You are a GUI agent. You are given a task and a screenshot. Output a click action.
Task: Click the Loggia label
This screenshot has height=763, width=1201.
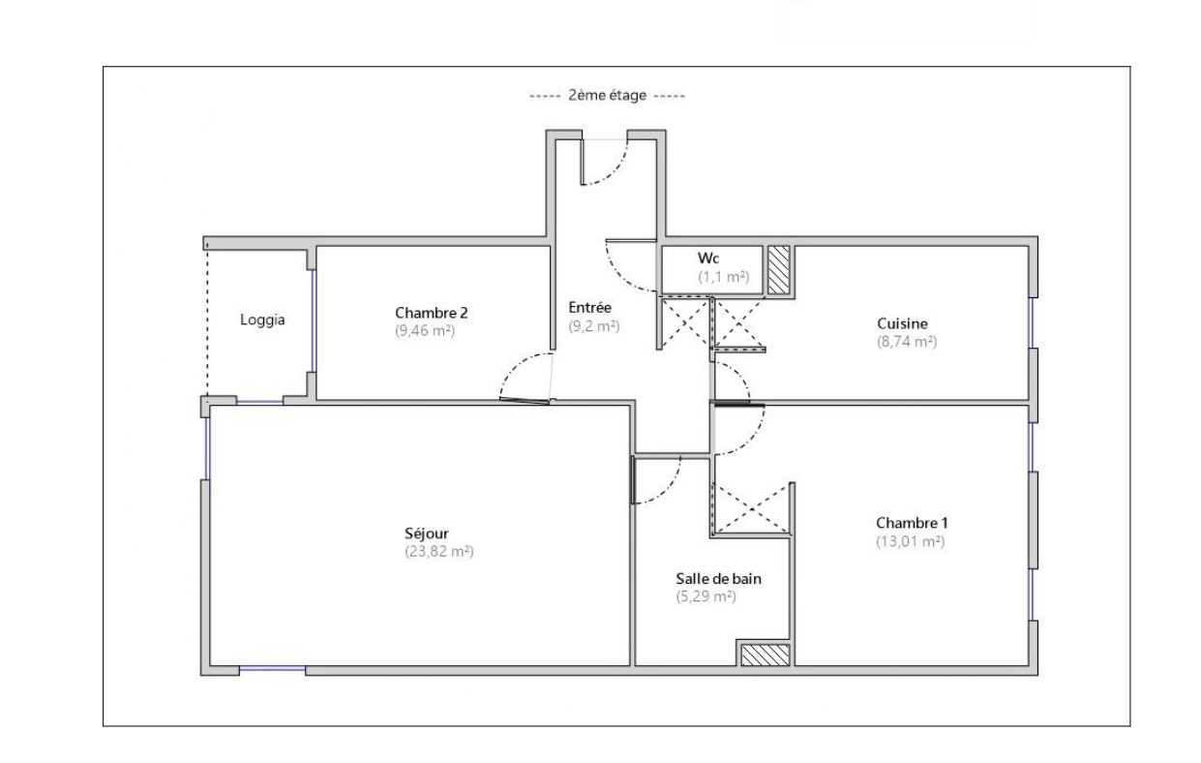click(262, 320)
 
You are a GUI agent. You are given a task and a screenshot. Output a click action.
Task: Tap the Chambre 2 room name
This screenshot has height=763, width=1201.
click(431, 313)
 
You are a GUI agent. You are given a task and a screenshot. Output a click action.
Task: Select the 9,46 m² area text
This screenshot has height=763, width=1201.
click(425, 330)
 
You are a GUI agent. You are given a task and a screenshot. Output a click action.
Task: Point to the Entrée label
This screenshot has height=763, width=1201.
click(589, 308)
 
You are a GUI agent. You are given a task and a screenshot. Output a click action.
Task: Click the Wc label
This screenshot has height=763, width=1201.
click(708, 259)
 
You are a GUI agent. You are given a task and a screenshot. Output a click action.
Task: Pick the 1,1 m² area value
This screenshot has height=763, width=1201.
click(723, 277)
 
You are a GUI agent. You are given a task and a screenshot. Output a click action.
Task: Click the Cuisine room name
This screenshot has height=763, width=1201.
click(902, 323)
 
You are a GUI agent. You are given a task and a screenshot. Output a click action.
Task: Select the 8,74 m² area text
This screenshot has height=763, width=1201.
click(907, 341)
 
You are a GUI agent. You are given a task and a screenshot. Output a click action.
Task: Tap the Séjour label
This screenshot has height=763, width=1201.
click(427, 534)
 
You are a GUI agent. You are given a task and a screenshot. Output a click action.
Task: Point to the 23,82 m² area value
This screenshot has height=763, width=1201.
click(439, 551)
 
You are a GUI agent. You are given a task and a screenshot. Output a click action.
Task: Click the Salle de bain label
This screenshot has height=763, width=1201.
click(718, 578)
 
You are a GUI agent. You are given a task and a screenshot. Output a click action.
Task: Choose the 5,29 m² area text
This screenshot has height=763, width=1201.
click(706, 596)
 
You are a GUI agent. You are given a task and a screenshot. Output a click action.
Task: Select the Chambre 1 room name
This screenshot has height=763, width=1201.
click(912, 523)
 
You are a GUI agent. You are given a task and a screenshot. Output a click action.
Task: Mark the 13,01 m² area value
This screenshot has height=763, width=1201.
click(911, 541)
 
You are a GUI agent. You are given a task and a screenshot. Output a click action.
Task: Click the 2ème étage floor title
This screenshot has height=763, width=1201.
click(608, 96)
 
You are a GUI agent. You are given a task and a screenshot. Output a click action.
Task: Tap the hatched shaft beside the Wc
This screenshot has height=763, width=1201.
click(778, 270)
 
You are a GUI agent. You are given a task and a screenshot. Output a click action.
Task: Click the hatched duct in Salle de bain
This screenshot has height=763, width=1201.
click(766, 655)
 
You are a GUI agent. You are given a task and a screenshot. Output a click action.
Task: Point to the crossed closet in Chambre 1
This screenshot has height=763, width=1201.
click(752, 508)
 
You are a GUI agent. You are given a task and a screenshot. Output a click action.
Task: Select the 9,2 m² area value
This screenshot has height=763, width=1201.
click(594, 325)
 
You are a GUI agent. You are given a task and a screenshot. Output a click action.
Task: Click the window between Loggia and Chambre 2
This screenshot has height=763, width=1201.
click(314, 320)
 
